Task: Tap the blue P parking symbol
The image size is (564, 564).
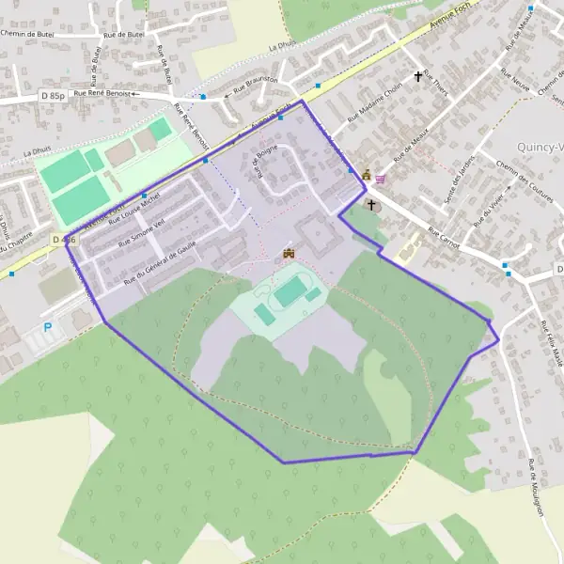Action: click(x=48, y=328)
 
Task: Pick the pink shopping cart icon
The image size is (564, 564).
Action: click(x=380, y=179)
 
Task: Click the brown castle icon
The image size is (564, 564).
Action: click(x=289, y=253)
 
